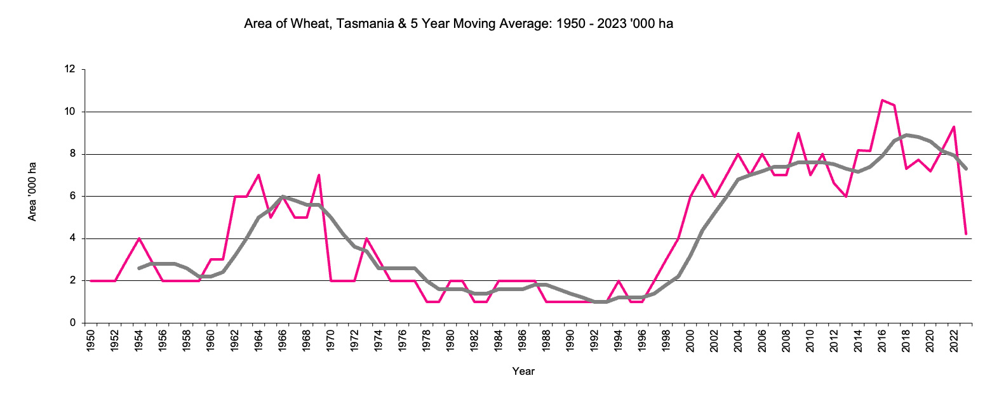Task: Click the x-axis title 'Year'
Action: coord(523,372)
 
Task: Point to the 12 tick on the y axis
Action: coord(70,69)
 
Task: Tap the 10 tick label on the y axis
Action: coord(70,112)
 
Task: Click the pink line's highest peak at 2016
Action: coord(882,100)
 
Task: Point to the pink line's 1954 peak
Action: coord(139,238)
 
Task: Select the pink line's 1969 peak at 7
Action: coord(319,175)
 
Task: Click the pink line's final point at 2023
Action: coord(966,234)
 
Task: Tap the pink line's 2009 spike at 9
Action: coord(798,133)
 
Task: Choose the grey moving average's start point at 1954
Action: coord(139,268)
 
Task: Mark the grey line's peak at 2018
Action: coord(906,134)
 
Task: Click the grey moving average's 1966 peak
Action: coord(283,197)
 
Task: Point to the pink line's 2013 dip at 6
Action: coord(846,196)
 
